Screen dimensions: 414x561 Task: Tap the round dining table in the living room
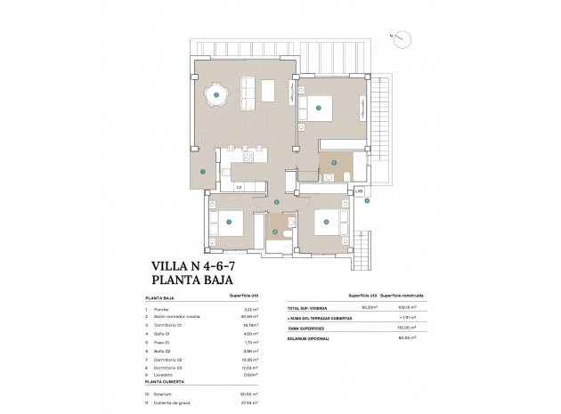tap(215, 92)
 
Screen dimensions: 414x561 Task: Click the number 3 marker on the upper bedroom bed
tap(318, 109)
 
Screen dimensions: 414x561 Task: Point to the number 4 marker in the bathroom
tap(334, 163)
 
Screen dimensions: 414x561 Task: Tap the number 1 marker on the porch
tap(203, 171)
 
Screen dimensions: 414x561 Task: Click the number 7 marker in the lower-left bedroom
tap(229, 221)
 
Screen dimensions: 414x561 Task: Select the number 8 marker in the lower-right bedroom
tap(326, 221)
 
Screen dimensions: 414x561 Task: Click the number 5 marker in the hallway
tap(277, 202)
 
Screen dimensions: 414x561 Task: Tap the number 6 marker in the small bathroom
tap(276, 232)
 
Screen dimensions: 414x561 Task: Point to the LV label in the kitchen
tap(239, 186)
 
